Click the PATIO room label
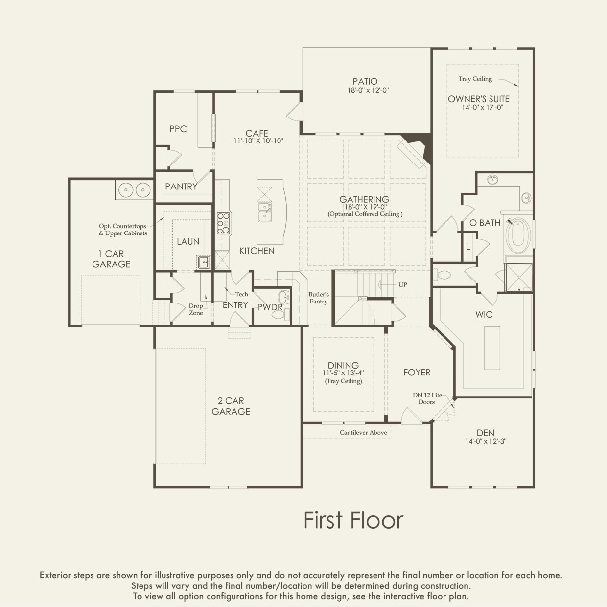point(365,82)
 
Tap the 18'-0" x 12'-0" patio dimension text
point(368,91)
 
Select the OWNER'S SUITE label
point(478,99)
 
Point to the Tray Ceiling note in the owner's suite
point(475,79)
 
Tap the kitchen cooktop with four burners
point(224,223)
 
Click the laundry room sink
point(204,262)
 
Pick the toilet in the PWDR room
point(286,314)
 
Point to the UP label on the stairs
point(403,285)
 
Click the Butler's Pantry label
point(319,298)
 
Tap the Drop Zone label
point(196,309)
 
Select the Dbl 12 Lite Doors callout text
point(427,398)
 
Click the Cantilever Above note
point(363,433)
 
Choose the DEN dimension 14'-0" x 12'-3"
point(486,441)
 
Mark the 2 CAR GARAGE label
point(231,406)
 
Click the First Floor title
point(353,520)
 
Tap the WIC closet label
point(484,314)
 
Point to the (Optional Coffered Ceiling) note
point(365,214)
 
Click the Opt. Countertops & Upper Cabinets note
point(123,230)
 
